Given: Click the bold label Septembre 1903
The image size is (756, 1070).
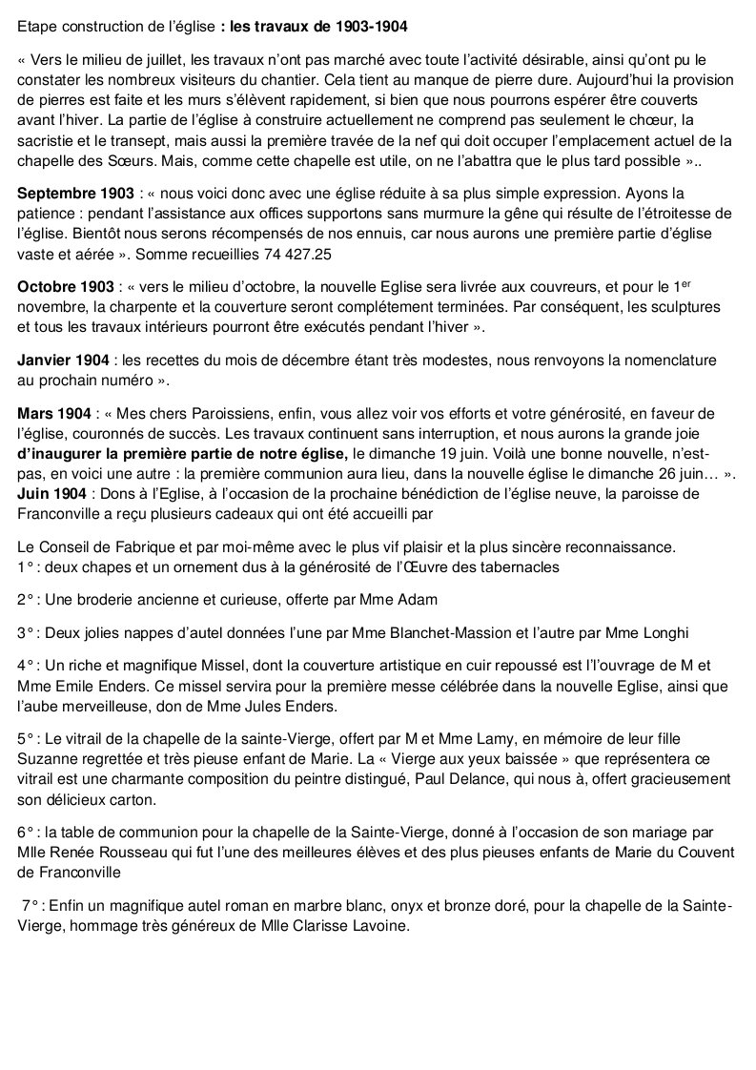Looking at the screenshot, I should tap(71, 193).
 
